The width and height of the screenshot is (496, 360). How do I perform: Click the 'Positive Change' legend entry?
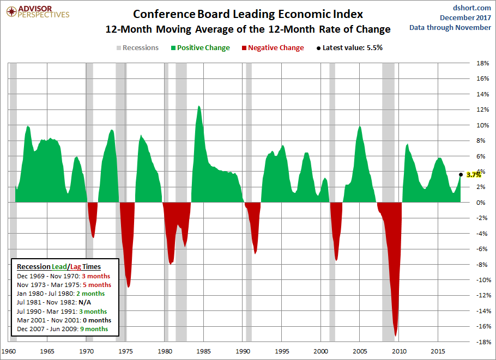click(199, 48)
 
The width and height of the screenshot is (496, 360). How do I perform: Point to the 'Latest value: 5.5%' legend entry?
click(348, 48)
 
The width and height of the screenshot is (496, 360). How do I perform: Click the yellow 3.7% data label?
click(474, 175)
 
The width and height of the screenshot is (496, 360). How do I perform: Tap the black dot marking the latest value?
click(461, 174)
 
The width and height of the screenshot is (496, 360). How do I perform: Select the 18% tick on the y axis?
click(482, 63)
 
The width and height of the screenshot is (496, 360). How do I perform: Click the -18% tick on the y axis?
click(482, 342)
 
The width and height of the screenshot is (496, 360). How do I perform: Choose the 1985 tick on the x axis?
click(203, 351)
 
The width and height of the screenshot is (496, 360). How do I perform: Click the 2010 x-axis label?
click(400, 351)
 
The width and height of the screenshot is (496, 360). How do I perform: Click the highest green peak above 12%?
click(198, 106)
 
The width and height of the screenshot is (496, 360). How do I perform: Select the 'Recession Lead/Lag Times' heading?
click(58, 267)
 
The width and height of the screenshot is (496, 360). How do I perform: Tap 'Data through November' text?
click(450, 28)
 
